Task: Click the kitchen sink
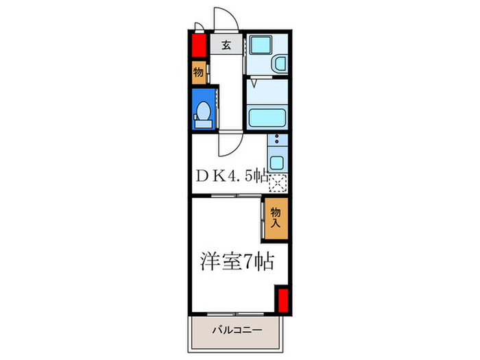pyautogui.click(x=277, y=163)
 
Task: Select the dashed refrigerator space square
pyautogui.click(x=278, y=183)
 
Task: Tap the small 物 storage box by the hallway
pyautogui.click(x=198, y=71)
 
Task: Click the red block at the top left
pyautogui.click(x=198, y=47)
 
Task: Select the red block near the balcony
pyautogui.click(x=281, y=300)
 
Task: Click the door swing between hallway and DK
pyautogui.click(x=228, y=143)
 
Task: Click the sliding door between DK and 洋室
pyautogui.click(x=226, y=196)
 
